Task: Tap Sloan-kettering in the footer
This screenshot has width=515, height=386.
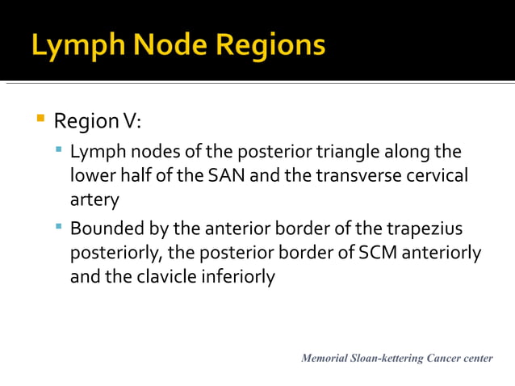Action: pyautogui.click(x=386, y=358)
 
